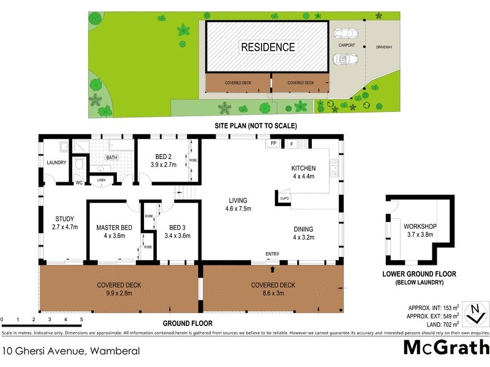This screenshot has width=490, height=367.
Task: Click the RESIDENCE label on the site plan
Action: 268,47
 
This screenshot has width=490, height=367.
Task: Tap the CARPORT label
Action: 347,45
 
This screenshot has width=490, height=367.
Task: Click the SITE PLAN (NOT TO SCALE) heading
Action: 255,126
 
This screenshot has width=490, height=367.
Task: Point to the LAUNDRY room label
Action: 56,163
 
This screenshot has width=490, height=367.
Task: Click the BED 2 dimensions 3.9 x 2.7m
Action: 164,165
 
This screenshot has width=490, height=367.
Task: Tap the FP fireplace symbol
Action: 273,144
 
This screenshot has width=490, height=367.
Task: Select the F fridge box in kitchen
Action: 292,144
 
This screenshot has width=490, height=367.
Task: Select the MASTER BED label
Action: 114,228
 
